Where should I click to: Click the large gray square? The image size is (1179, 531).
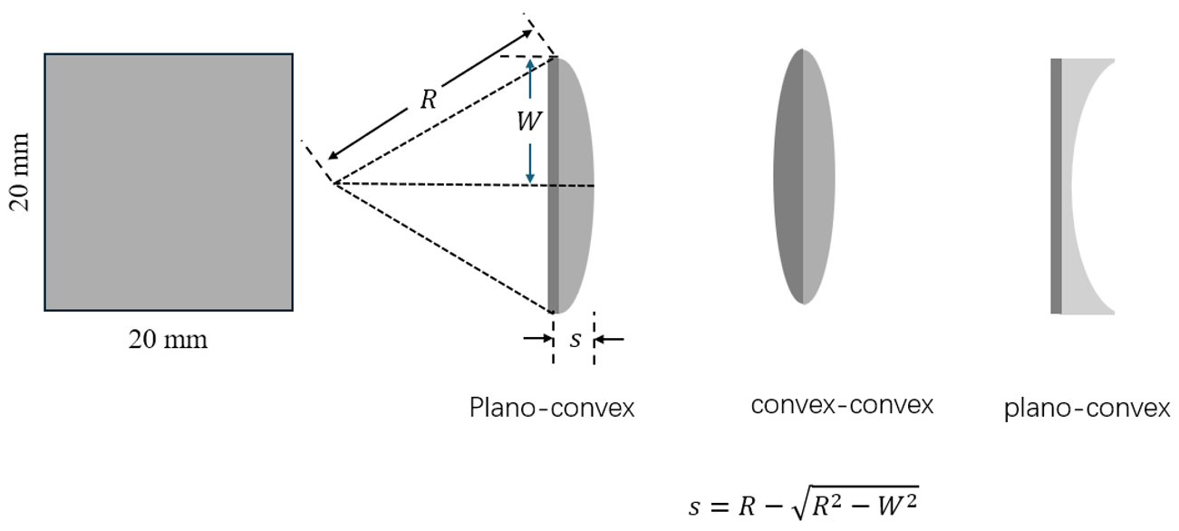click(x=169, y=182)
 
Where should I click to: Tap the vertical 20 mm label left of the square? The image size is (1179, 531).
click(x=20, y=172)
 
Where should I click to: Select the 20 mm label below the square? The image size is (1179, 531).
click(x=168, y=340)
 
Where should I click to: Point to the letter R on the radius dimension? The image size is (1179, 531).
click(x=428, y=100)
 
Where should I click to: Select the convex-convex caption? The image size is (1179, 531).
click(x=842, y=405)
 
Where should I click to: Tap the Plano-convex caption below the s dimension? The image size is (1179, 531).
click(x=552, y=408)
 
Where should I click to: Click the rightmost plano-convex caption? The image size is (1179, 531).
click(x=1087, y=409)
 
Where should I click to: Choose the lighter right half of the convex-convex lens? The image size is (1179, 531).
click(x=818, y=177)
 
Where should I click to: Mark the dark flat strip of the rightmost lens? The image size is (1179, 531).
click(x=1056, y=186)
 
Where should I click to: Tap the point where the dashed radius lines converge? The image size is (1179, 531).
click(x=333, y=184)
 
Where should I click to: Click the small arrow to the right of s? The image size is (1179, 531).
click(x=611, y=340)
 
